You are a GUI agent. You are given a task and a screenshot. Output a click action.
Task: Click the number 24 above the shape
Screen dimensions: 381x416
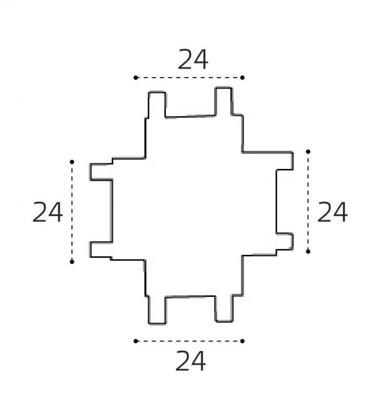pos(193,60)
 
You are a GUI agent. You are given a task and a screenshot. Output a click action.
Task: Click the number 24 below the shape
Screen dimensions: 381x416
pos(190,361)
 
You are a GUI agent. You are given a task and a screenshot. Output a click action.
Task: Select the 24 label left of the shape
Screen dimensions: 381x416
pos(47,212)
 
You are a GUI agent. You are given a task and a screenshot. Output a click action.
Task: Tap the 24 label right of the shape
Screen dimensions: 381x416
pos(332,212)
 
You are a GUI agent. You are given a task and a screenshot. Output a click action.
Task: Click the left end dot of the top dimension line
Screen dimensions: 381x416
pos(136,77)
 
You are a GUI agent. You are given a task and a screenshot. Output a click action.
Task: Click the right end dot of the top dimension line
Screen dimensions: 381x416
pos(242,77)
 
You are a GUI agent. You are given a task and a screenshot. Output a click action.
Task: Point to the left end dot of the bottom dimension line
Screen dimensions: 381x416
pos(136,341)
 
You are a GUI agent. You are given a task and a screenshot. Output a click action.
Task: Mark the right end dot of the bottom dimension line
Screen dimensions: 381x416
pos(242,341)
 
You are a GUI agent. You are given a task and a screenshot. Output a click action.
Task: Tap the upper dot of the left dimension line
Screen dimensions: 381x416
pos(72,162)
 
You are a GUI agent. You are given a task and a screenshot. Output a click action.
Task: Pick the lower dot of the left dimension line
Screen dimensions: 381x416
pos(72,262)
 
